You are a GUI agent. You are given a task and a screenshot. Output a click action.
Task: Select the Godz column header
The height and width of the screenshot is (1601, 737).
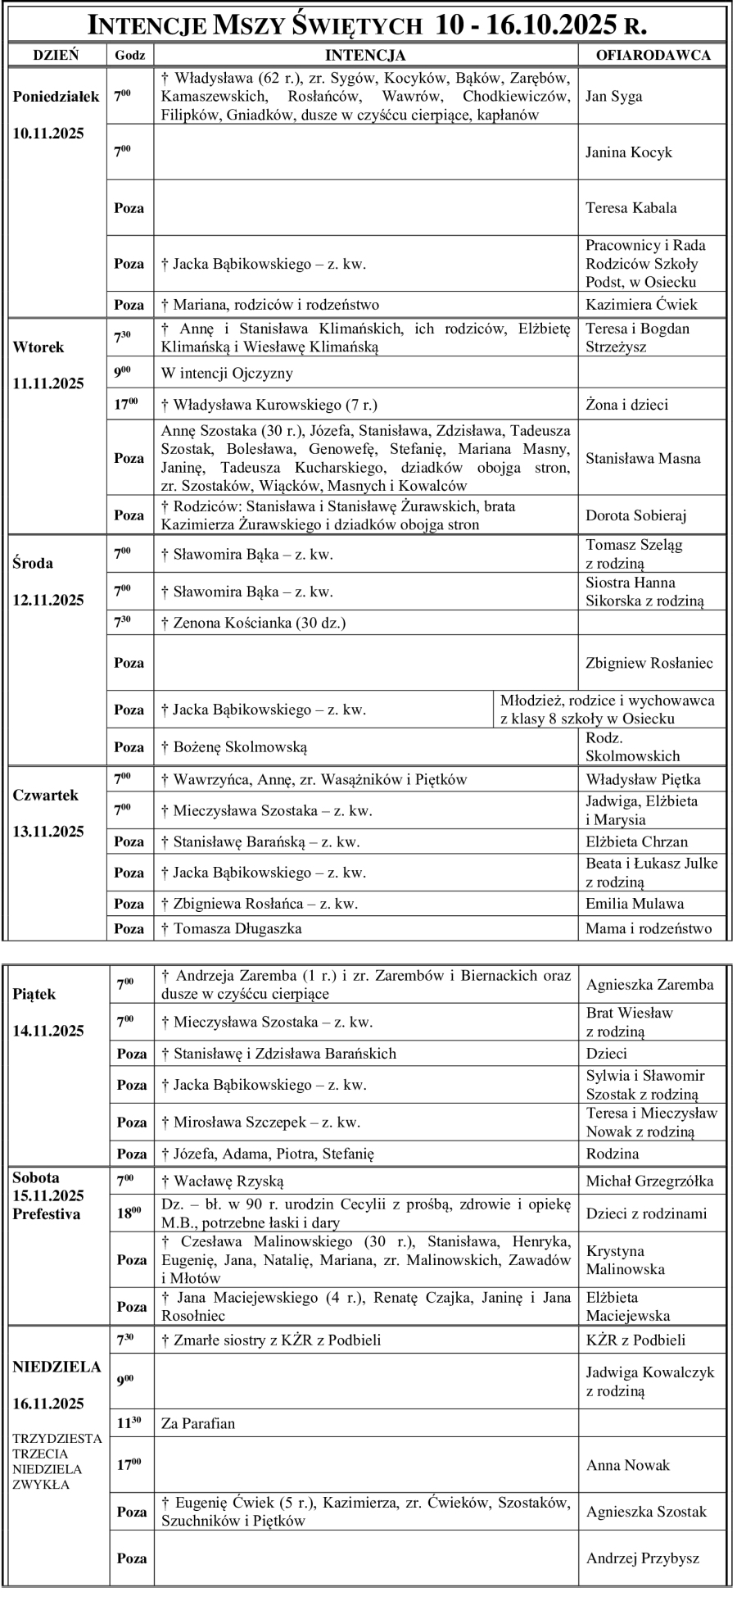pos(130,55)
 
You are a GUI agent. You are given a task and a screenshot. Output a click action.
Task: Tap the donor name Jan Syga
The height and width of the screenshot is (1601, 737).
pos(613,96)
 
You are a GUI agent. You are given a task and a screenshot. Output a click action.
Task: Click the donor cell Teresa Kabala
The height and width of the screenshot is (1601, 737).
pos(631,208)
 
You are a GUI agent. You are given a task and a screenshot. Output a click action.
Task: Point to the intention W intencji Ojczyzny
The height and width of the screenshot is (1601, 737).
pos(227,374)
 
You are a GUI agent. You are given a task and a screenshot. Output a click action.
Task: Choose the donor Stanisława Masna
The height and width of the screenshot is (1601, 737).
pos(643,458)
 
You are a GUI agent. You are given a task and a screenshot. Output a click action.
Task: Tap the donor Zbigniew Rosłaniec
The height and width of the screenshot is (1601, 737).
pos(649,663)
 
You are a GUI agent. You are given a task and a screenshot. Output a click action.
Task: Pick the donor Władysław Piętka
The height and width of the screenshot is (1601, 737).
pos(643,779)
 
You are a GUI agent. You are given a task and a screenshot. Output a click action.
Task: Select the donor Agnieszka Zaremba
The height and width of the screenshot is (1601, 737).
pos(649,985)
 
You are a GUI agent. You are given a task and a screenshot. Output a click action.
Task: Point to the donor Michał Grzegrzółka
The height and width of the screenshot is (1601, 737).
pos(649,1181)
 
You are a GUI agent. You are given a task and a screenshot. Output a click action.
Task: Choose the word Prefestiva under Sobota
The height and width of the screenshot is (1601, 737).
pos(47,1214)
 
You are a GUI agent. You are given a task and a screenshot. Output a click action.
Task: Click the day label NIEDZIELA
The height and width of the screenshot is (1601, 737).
pos(57,1367)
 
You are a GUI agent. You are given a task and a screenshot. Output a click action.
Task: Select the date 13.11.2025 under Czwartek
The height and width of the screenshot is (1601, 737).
pos(48,832)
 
